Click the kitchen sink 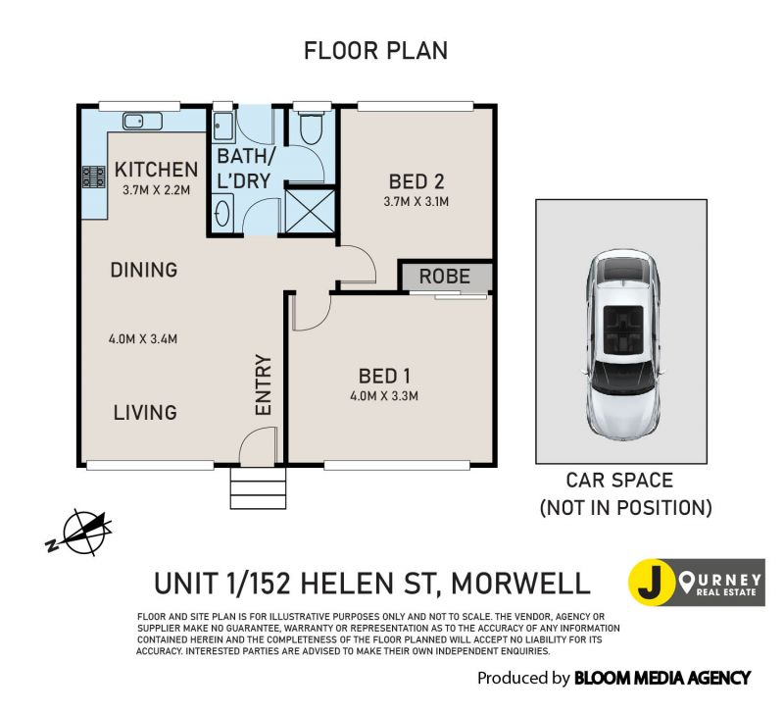click(142, 121)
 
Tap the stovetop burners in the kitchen click(94, 177)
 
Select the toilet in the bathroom click(311, 125)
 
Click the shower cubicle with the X click(310, 211)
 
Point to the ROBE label click(445, 277)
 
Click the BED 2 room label click(416, 181)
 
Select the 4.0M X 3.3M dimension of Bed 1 click(384, 396)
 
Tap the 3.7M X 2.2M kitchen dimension click(157, 190)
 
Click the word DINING click(144, 270)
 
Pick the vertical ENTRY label click(264, 384)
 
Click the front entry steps click(258, 488)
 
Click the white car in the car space click(622, 345)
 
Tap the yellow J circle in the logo click(650, 583)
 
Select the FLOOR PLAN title click(376, 51)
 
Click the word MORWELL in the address click(520, 584)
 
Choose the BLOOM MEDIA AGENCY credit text click(662, 678)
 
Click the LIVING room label click(145, 413)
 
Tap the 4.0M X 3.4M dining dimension click(143, 339)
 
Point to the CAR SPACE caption click(619, 481)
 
